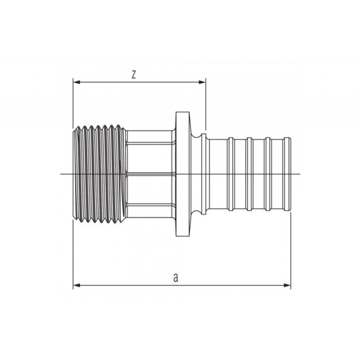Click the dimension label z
click(x=134, y=75)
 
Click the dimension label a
click(x=175, y=278)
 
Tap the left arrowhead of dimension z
click(x=76, y=82)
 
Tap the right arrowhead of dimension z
click(x=202, y=82)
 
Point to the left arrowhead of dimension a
click(x=76, y=285)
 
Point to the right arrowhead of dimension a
click(x=287, y=285)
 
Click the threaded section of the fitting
click(x=98, y=174)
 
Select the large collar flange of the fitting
click(x=183, y=174)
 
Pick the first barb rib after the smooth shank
click(x=231, y=174)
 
